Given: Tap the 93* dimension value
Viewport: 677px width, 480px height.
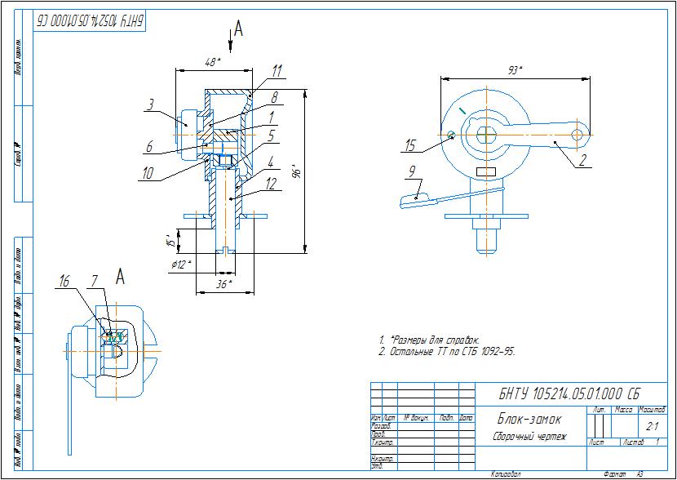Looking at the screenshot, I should [x=514, y=71].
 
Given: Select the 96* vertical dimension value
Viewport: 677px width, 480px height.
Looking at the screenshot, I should [x=299, y=172].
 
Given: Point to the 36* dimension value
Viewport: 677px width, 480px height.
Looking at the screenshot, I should [x=223, y=283].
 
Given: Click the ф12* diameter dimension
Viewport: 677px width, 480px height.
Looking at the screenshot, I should [x=180, y=264].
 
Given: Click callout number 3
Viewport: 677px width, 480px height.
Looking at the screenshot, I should [x=150, y=104].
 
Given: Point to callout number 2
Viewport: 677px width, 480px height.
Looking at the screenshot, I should [x=582, y=161].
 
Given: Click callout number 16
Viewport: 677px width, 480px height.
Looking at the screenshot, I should [x=64, y=282].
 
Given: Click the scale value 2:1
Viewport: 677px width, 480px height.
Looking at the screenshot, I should [x=653, y=426].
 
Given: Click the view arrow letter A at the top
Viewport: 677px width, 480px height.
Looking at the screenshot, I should [x=238, y=29].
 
